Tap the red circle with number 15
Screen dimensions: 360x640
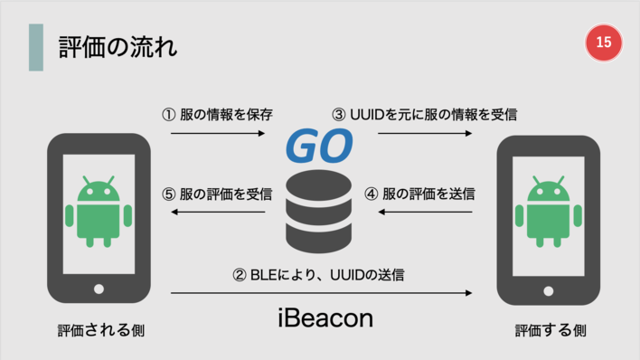pos(604,43)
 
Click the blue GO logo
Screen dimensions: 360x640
pos(319,147)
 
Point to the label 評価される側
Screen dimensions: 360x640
pos(98,330)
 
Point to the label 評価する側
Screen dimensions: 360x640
pos(551,330)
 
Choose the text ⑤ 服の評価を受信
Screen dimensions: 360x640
pos(217,193)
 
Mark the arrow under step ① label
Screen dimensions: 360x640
pos(218,133)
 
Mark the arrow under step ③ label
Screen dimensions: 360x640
pos(425,133)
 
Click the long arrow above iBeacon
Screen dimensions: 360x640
pos(321,292)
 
